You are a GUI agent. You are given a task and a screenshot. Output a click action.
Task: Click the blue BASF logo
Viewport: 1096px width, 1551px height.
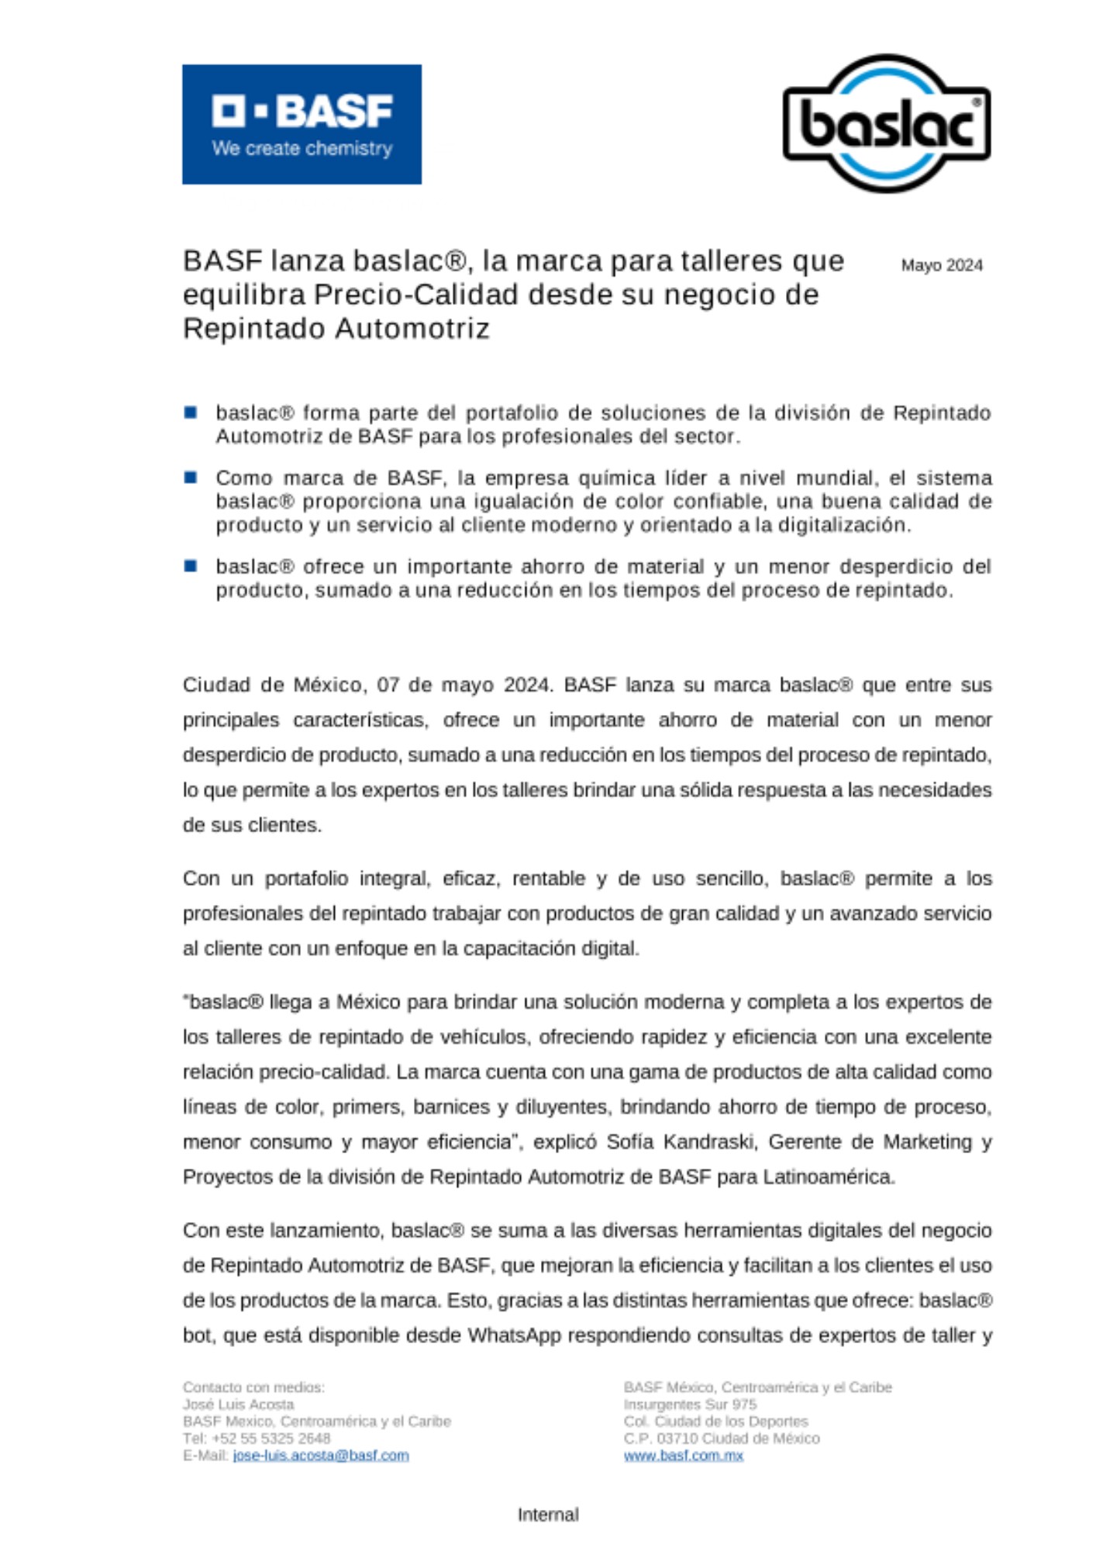click(302, 124)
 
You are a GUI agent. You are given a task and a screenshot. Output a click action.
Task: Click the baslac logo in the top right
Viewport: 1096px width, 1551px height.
click(886, 123)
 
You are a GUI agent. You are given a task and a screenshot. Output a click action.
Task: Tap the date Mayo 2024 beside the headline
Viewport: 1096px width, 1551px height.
click(941, 265)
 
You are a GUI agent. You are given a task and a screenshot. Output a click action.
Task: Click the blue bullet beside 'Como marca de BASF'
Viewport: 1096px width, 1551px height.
click(191, 477)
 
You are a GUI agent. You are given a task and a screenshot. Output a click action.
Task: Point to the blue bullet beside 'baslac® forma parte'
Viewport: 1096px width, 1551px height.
click(191, 412)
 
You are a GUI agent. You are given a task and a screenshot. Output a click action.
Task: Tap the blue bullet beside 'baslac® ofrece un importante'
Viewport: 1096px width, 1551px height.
click(191, 565)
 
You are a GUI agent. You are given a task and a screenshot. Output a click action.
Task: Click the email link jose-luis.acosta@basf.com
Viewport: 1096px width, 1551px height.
click(320, 1455)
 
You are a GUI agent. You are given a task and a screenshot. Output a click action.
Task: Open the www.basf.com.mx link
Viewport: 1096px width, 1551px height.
click(683, 1455)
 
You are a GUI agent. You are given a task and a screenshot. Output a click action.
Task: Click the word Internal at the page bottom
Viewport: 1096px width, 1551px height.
click(548, 1514)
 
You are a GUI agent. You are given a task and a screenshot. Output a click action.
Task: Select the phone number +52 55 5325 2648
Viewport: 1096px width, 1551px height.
click(271, 1438)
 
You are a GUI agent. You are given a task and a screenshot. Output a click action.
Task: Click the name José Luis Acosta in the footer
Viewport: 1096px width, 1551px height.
click(238, 1404)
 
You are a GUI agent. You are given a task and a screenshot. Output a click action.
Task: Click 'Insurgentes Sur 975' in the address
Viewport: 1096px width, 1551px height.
click(689, 1404)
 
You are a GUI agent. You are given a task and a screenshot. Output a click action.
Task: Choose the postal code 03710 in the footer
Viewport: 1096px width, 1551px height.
click(677, 1438)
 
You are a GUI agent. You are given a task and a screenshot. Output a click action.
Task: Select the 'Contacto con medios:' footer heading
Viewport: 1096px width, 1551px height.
click(253, 1387)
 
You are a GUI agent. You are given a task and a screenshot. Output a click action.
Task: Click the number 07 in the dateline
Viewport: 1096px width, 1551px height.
click(388, 685)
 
